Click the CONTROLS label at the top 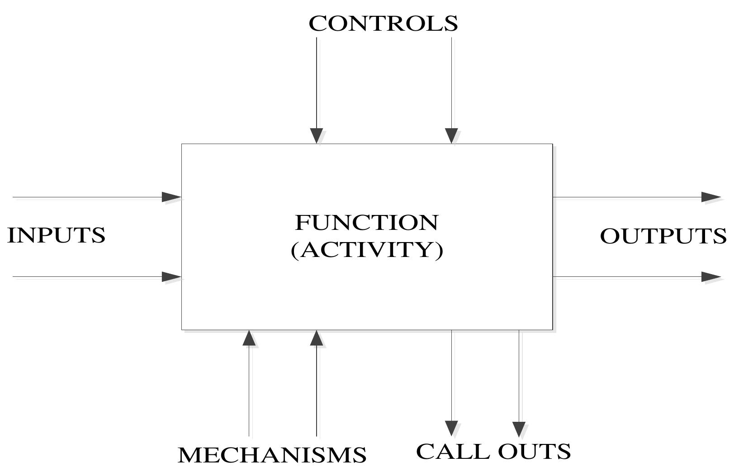click(383, 23)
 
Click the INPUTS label click(57, 235)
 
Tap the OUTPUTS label click(663, 236)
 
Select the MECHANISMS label click(272, 455)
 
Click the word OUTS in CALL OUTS click(535, 451)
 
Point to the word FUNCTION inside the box click(367, 223)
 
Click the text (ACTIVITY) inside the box click(367, 250)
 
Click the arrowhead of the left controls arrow click(317, 135)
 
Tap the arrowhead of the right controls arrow click(451, 135)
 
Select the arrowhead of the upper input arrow click(171, 197)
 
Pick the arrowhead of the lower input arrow click(171, 277)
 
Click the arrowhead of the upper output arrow click(710, 197)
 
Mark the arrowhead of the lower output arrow click(710, 277)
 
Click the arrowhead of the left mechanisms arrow click(249, 338)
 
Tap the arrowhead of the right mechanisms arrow click(317, 338)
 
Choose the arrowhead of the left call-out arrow click(451, 428)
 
